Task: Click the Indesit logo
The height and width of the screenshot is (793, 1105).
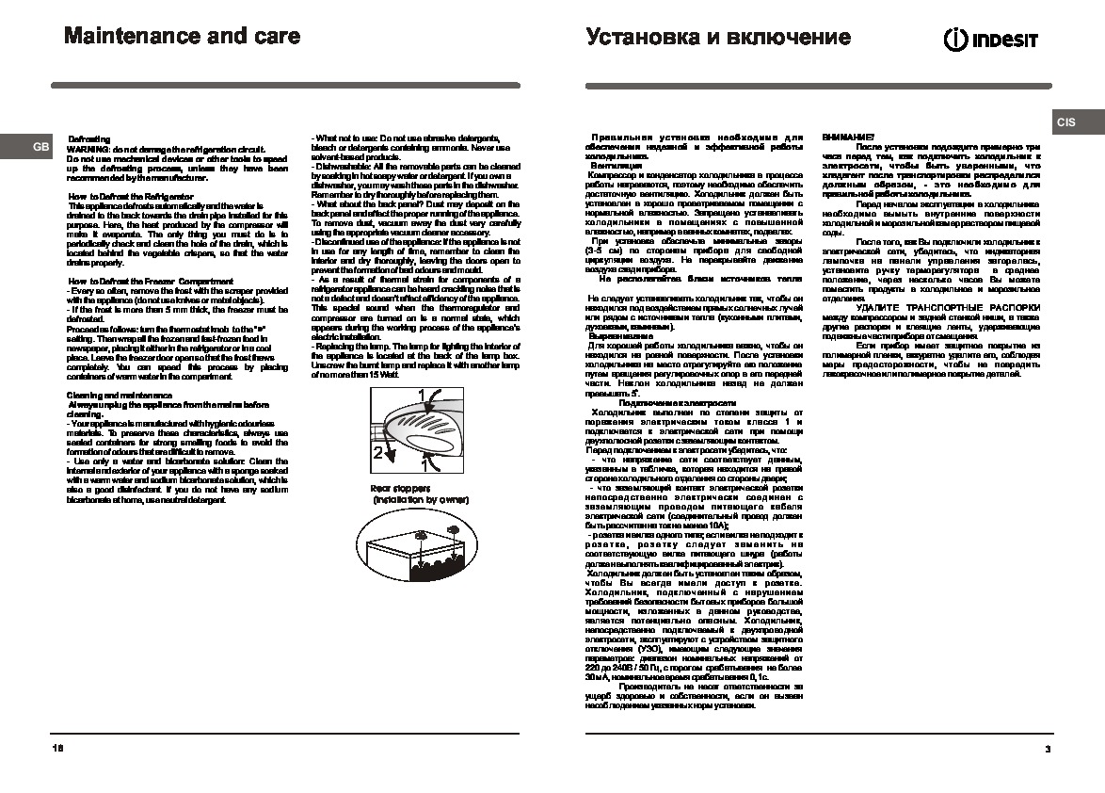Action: click(991, 39)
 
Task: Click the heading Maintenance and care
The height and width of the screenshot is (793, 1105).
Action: click(182, 37)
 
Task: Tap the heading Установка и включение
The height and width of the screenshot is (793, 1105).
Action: click(717, 38)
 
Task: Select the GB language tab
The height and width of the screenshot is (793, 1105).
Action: click(40, 148)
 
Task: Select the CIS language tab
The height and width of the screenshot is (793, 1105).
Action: click(1065, 122)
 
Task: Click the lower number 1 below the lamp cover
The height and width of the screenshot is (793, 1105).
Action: click(425, 464)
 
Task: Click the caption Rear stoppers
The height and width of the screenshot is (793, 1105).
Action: click(399, 489)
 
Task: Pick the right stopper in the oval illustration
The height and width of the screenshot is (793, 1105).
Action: click(456, 532)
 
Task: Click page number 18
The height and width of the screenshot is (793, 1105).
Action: click(58, 749)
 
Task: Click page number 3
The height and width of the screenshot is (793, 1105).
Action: click(1047, 749)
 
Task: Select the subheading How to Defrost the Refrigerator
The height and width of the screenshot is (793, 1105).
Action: click(131, 196)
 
